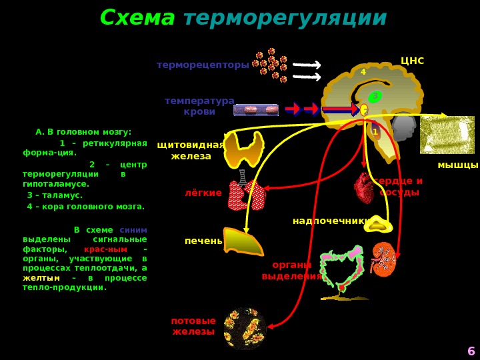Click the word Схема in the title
click(137, 19)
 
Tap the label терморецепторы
click(203, 65)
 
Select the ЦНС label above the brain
click(412, 61)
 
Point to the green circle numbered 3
click(375, 97)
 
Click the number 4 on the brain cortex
click(363, 72)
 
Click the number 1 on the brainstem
click(375, 132)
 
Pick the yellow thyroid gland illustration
click(244, 149)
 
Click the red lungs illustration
click(246, 195)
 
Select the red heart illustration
click(365, 189)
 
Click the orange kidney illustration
click(383, 259)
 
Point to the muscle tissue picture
click(447, 135)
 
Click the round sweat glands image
click(245, 328)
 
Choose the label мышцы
click(457, 165)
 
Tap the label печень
click(203, 241)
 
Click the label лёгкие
click(203, 193)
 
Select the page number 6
click(471, 351)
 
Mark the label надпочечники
click(331, 221)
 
